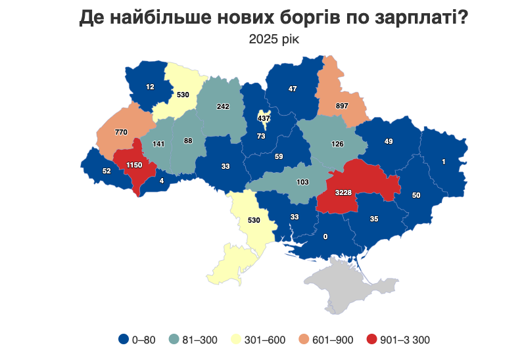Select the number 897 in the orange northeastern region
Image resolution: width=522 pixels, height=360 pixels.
341,106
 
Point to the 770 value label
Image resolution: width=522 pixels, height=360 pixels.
121,132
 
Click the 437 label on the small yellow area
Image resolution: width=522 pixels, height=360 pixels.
264,118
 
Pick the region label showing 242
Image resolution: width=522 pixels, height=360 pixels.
223,106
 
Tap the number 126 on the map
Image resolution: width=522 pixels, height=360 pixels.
337,144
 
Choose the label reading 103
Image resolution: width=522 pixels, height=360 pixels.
302,182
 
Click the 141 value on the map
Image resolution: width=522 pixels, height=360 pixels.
158,144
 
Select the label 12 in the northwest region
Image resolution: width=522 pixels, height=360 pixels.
150,87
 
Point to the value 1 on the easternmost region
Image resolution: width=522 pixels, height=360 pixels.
444,162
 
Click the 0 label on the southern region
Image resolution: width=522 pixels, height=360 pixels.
325,236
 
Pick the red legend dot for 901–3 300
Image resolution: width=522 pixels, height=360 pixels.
372,340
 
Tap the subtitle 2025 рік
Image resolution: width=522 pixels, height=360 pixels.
273,39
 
